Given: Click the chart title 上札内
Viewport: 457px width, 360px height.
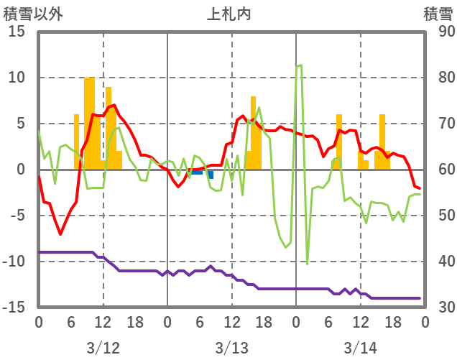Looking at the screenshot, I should (x=229, y=14).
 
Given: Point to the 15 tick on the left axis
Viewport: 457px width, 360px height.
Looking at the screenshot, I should (x=17, y=32).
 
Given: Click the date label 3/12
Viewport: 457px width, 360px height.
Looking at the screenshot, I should (x=103, y=349).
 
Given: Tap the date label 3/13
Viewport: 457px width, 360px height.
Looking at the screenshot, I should (x=231, y=349).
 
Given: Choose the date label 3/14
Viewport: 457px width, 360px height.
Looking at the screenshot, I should (x=360, y=349).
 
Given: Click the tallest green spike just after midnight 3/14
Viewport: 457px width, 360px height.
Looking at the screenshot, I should (x=299, y=65).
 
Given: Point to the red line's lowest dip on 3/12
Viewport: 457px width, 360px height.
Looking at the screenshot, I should (x=60, y=234).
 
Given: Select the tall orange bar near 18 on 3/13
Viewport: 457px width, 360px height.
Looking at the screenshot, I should (x=254, y=133).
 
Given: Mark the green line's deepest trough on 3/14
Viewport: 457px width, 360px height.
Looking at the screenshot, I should (x=307, y=263).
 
